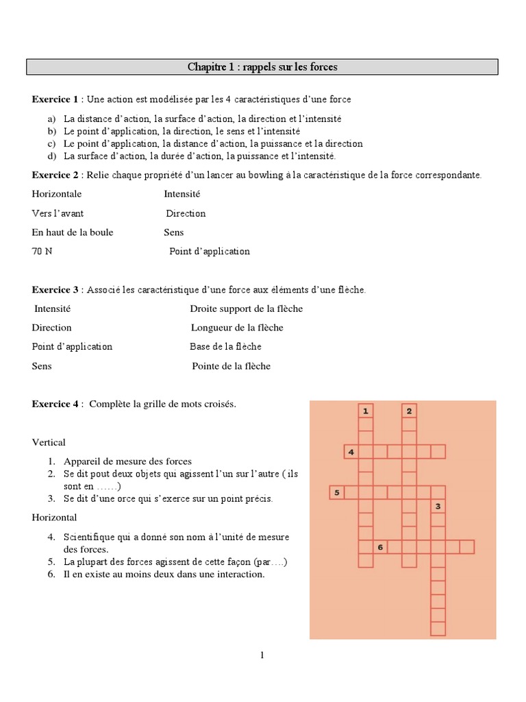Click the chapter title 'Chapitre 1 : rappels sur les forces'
coord(262,67)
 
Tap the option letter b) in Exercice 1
coord(51,131)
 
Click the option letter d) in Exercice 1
coord(51,156)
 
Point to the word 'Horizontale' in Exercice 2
coord(57,194)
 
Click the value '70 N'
coord(42,252)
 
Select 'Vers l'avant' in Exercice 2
coord(58,213)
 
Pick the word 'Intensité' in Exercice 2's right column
coord(182,194)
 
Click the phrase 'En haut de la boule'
coord(73,232)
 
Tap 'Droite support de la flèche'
coord(246,308)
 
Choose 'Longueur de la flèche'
coord(237,328)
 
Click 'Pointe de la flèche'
coord(231,366)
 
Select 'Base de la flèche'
coord(225,347)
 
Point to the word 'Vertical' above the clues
coord(49,442)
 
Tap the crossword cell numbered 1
coord(366,411)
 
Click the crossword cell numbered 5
coord(336,492)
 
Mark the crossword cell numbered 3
coord(438,507)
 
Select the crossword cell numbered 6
coord(380,546)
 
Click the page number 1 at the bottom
coord(262,655)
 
